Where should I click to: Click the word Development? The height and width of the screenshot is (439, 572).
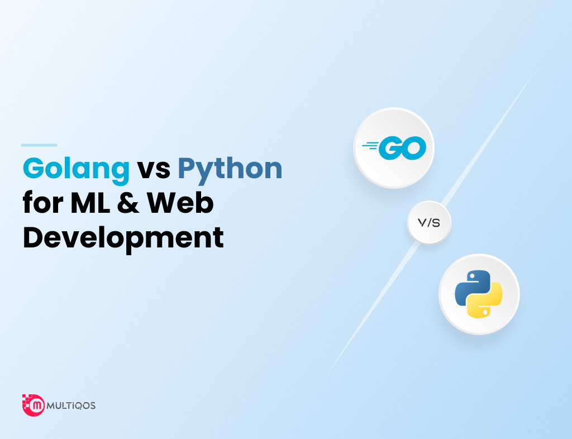click(x=123, y=238)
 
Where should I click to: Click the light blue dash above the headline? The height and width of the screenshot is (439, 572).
click(x=39, y=145)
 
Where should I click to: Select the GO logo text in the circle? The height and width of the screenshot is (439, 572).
click(x=402, y=148)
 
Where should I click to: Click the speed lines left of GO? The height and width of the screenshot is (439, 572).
click(x=370, y=146)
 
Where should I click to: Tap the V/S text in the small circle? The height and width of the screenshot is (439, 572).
click(x=429, y=222)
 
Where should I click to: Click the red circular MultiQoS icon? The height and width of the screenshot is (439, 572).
click(x=34, y=405)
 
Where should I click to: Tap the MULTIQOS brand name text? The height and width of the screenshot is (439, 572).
click(x=71, y=405)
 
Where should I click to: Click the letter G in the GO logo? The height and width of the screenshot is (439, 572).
click(x=390, y=149)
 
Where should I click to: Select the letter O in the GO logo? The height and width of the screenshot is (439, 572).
click(x=414, y=148)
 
